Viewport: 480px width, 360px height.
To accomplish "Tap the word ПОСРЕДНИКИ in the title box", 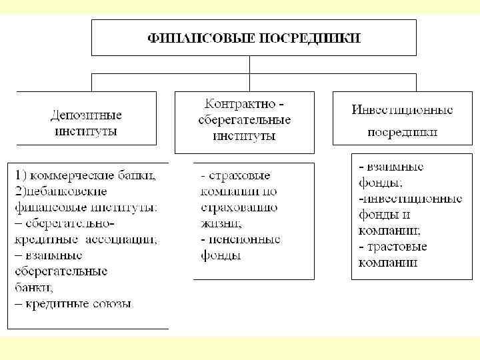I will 314,37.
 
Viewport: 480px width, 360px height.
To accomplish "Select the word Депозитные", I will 86,115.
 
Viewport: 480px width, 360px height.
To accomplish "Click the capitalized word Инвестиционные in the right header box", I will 402,109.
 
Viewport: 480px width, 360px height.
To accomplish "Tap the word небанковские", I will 59,192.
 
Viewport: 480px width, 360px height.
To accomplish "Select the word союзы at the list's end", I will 113,303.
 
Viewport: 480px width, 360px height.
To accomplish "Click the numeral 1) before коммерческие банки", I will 20,177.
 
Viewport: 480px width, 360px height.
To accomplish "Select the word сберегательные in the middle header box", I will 244,120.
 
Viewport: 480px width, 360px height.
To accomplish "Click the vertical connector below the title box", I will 249,65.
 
